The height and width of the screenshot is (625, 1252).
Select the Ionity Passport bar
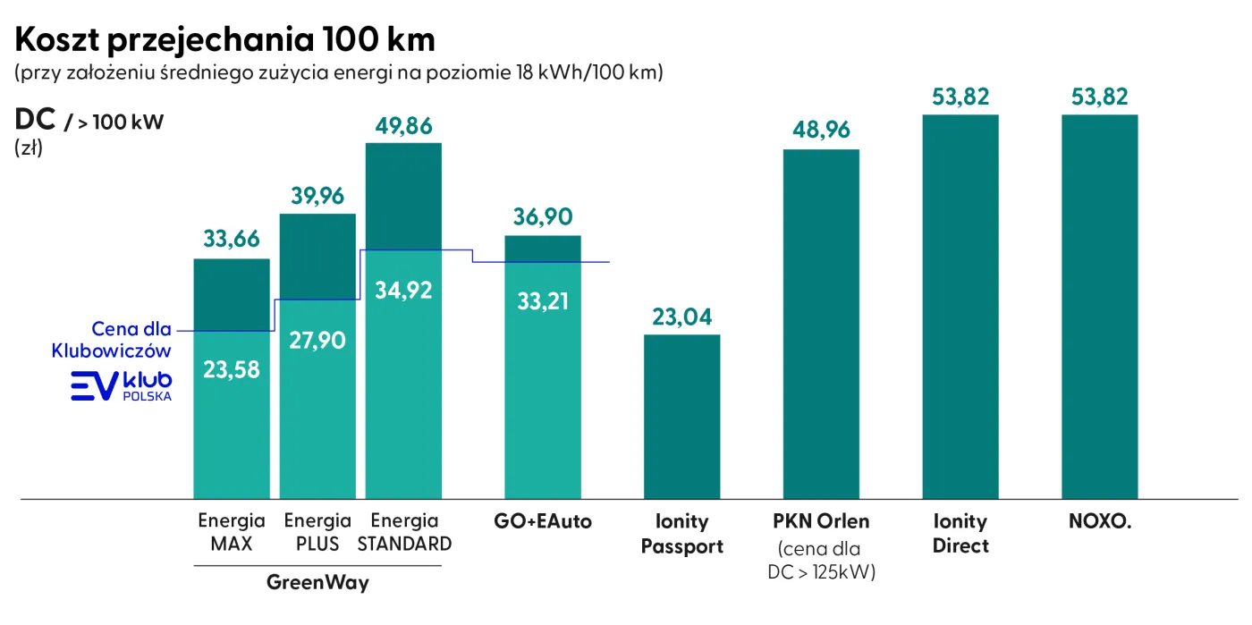[682, 416]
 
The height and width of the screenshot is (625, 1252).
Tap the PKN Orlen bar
[821, 323]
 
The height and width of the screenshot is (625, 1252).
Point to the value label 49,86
[403, 127]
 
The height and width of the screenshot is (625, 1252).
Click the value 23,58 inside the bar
[232, 369]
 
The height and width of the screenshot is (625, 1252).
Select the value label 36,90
[543, 217]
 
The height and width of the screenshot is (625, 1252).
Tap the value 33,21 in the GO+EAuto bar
[543, 300]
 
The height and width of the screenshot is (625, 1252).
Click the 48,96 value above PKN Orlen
[822, 131]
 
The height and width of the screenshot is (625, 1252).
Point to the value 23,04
[682, 317]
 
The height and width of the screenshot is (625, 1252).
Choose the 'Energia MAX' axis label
[232, 532]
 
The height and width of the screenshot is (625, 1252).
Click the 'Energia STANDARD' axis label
[404, 532]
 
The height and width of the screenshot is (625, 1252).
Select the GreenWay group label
[317, 584]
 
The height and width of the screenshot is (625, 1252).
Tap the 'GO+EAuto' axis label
[543, 521]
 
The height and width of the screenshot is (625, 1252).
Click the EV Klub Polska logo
[122, 385]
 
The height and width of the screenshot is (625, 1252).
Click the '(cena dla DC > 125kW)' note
[822, 559]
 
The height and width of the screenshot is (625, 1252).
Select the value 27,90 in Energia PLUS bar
[317, 340]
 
